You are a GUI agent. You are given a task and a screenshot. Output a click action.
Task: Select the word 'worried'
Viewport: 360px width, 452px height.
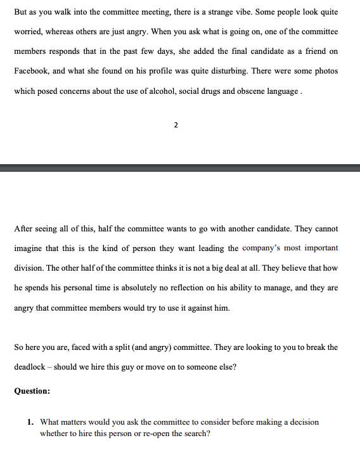click(x=28, y=32)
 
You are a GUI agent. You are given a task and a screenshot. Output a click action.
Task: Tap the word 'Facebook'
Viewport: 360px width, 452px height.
click(x=32, y=71)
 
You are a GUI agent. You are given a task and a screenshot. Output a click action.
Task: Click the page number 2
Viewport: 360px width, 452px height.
click(x=176, y=126)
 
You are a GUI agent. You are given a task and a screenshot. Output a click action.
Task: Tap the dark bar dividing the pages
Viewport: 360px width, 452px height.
click(x=180, y=167)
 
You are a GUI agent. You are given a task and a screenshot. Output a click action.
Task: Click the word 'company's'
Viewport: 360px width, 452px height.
click(x=262, y=248)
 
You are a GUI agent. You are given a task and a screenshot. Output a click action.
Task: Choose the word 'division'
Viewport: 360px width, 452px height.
click(x=29, y=268)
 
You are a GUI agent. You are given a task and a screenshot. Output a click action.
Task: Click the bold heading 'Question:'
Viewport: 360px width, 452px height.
click(x=32, y=391)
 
